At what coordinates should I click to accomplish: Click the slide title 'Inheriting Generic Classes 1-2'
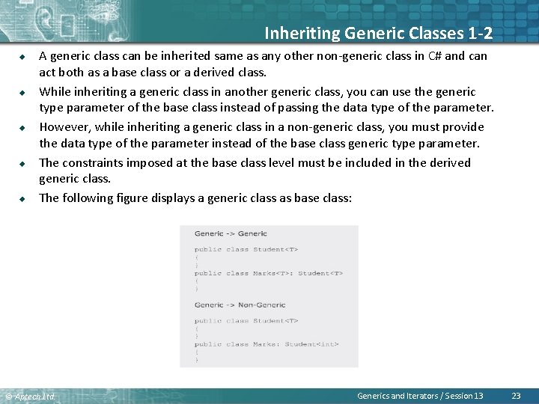click(378, 33)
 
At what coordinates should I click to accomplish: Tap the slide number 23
click(515, 395)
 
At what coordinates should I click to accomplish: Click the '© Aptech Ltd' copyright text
click(30, 396)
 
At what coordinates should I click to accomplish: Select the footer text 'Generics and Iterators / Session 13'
click(420, 395)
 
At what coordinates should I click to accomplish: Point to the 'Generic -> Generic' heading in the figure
click(231, 234)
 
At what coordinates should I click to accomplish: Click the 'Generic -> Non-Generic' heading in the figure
click(240, 305)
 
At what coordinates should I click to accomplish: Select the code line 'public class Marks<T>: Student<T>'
click(268, 273)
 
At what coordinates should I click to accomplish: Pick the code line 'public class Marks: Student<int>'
click(267, 344)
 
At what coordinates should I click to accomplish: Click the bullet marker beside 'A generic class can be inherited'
click(23, 55)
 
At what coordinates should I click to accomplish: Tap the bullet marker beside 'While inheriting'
click(23, 91)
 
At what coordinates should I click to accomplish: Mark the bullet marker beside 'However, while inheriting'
click(23, 127)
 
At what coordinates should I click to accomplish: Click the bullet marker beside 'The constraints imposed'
click(23, 162)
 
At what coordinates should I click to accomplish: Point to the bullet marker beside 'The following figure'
click(23, 198)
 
